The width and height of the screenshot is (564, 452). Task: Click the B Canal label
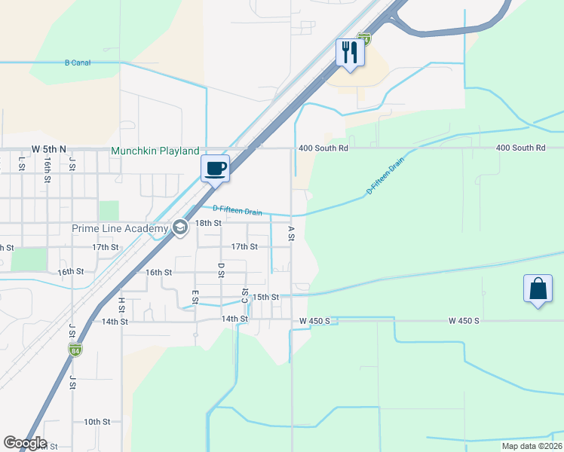tap(78, 63)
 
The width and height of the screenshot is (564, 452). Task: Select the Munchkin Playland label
tap(155, 151)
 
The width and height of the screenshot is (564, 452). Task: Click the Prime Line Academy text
tap(120, 228)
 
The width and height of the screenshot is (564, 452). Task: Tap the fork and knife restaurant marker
tap(350, 53)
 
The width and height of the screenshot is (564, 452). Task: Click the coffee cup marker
tap(215, 168)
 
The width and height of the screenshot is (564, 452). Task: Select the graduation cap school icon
tap(180, 228)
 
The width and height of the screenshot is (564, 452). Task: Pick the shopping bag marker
tap(538, 289)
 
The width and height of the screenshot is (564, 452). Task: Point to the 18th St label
tap(208, 223)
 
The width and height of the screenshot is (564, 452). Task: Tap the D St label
tap(221, 270)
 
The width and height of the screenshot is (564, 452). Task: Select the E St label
tap(195, 298)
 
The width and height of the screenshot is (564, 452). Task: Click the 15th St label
tap(265, 297)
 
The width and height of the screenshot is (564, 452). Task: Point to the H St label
tap(121, 304)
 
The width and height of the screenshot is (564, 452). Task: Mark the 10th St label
tap(97, 422)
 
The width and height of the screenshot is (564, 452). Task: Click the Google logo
tap(25, 443)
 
